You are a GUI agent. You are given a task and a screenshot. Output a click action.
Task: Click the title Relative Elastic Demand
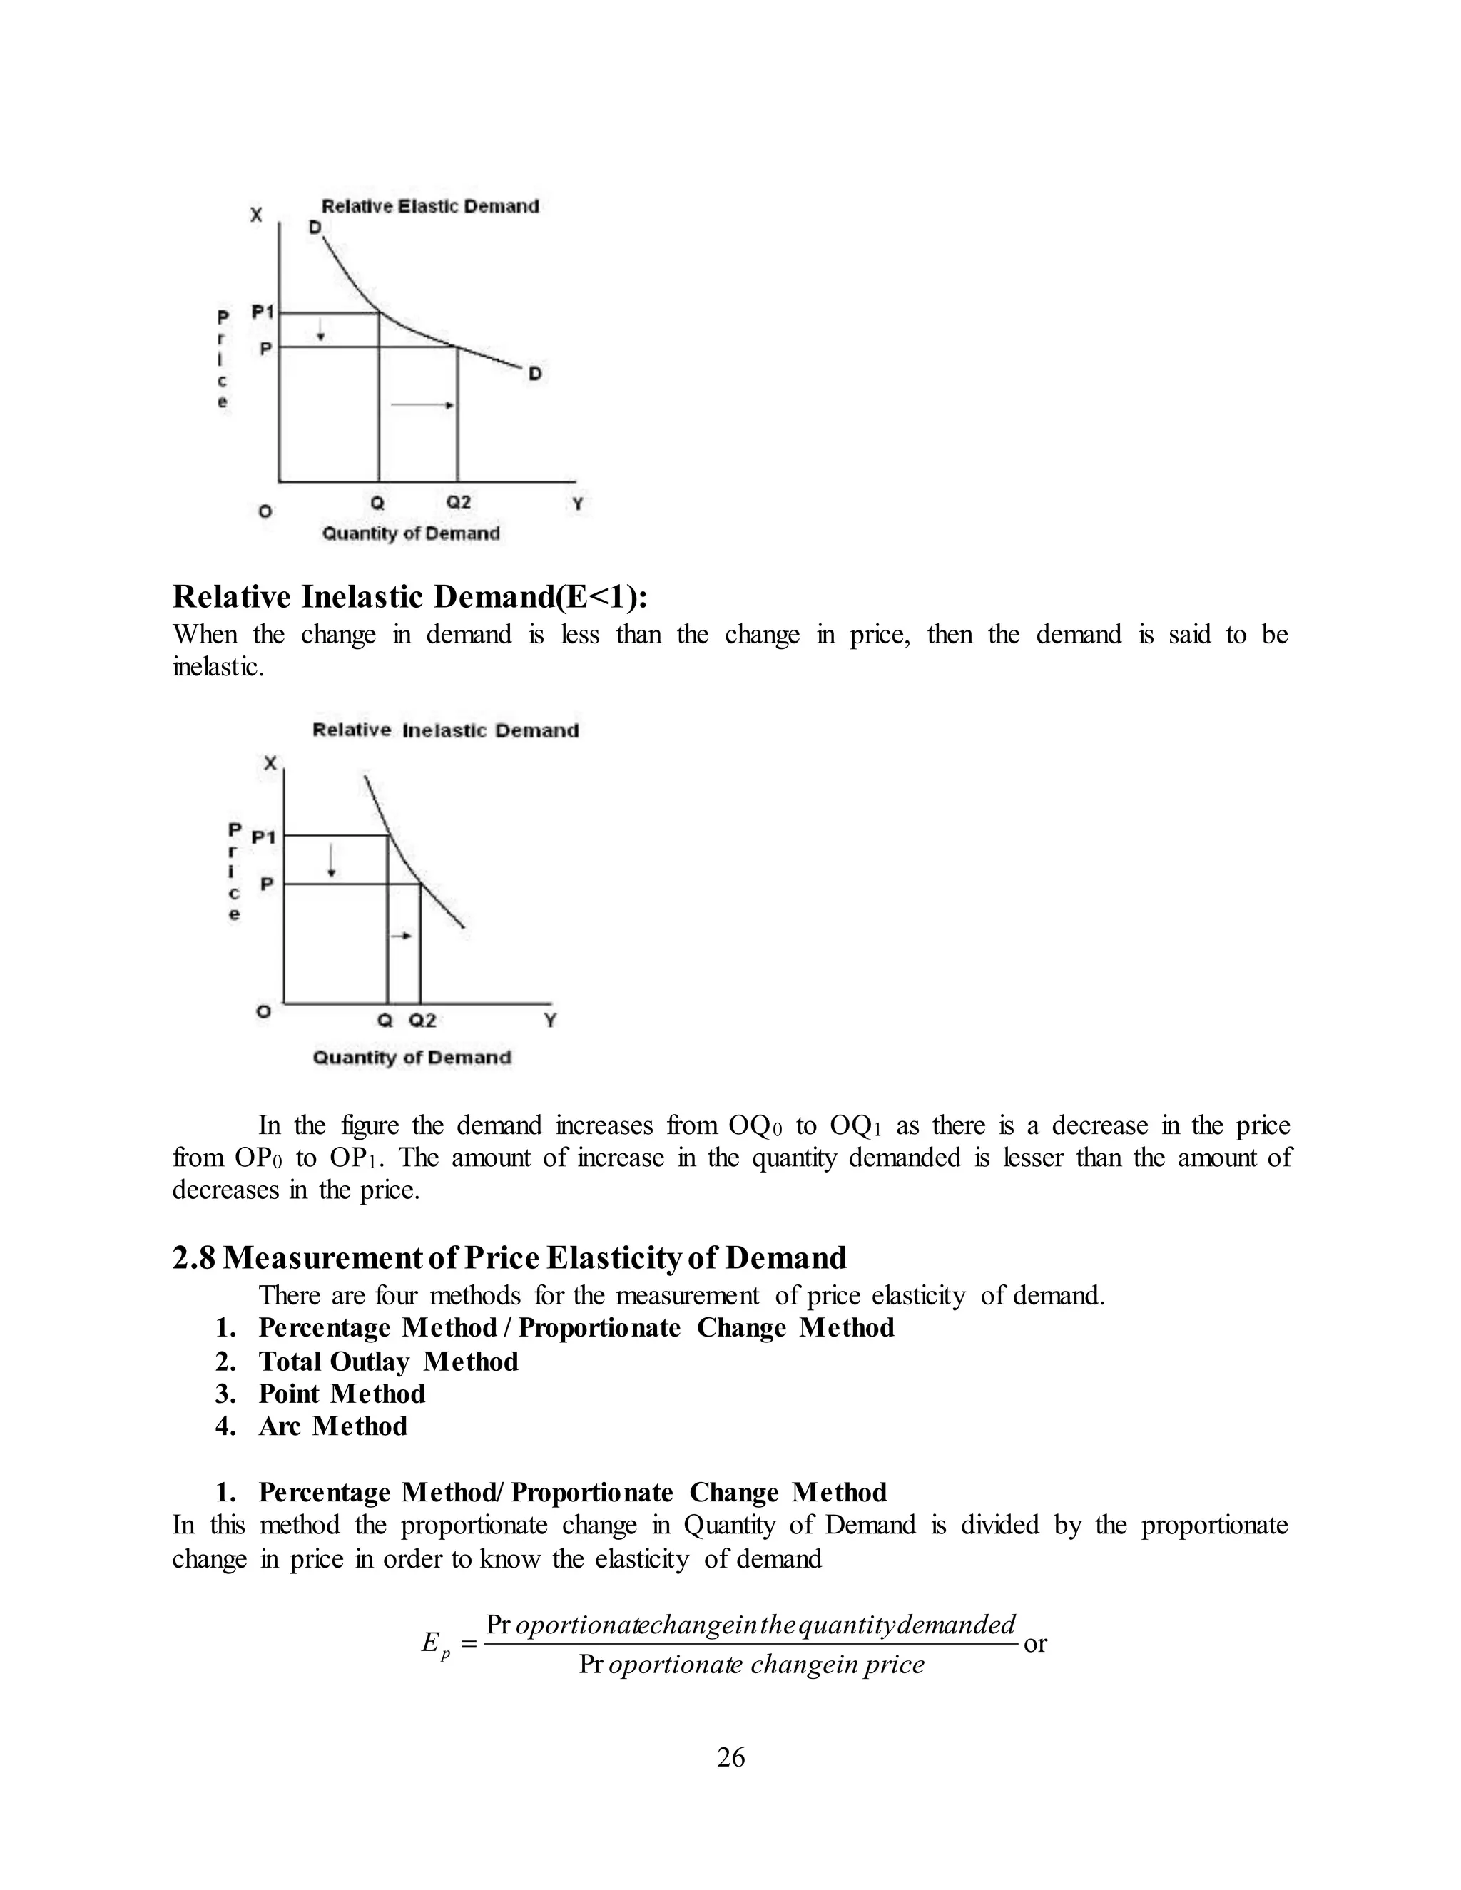tap(430, 206)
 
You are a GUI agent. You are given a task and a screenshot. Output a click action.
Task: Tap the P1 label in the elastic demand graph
tap(263, 312)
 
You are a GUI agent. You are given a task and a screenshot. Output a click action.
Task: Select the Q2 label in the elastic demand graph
tap(458, 502)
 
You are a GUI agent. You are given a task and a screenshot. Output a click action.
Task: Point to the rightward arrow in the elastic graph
tap(423, 405)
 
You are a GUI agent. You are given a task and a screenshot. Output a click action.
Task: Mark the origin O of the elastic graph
tap(265, 511)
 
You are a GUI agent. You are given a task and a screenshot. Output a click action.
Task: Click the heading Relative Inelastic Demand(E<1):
tap(410, 597)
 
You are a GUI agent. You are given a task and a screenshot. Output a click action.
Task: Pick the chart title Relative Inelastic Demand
tap(445, 730)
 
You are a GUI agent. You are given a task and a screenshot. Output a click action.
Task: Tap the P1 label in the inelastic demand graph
tap(263, 837)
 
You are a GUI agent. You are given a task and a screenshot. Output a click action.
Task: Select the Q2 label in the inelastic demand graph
tap(422, 1021)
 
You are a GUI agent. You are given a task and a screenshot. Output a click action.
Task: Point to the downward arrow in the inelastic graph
tap(332, 860)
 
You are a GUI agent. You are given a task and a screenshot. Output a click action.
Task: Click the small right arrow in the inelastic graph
tap(402, 936)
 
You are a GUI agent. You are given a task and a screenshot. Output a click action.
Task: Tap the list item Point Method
tap(342, 1394)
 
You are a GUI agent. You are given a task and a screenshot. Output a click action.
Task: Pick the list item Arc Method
tap(332, 1426)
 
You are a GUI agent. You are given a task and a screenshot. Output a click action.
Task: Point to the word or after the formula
tap(1035, 1643)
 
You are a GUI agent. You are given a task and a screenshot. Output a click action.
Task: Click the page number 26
tap(730, 1757)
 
